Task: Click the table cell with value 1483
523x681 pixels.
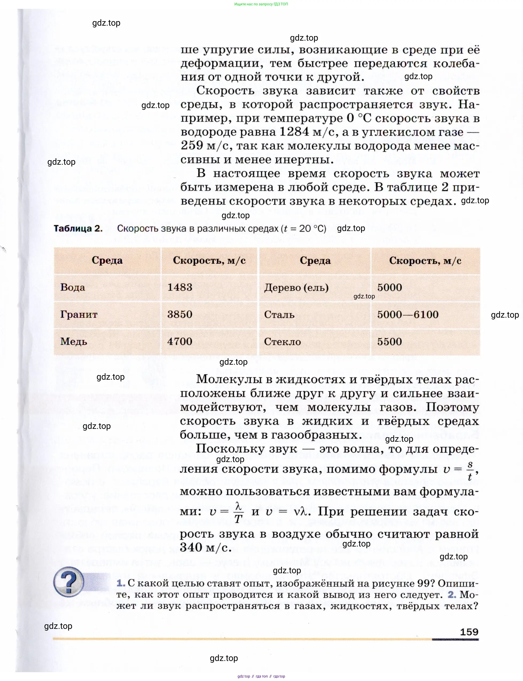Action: point(180,287)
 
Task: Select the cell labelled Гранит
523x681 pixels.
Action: point(79,314)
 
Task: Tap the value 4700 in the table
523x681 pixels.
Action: point(180,341)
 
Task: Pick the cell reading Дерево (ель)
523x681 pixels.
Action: point(296,287)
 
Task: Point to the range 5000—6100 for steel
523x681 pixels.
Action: point(408,314)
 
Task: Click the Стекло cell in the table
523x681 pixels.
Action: point(282,342)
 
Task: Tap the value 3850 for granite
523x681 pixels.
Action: point(180,314)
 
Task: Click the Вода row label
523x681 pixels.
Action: point(72,287)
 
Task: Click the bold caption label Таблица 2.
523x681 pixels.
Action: point(78,229)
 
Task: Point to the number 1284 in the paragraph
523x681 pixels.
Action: point(294,132)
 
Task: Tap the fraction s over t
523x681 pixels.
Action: point(470,470)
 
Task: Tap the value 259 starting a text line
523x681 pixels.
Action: point(192,145)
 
